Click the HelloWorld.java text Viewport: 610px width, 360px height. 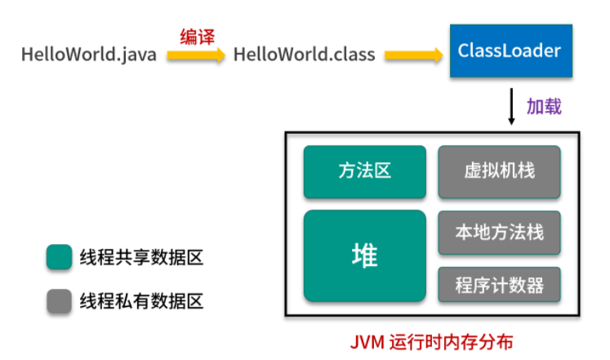point(90,56)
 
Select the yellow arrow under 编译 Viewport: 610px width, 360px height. point(197,56)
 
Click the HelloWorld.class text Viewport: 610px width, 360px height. point(305,56)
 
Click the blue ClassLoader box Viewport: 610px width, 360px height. point(510,51)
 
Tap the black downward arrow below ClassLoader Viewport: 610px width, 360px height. point(510,107)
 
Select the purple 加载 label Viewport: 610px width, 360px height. point(544,107)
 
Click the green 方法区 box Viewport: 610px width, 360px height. point(364,172)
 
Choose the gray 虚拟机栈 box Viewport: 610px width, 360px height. point(499,172)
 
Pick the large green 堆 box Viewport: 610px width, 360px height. point(364,256)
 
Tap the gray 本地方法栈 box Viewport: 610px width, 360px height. point(499,232)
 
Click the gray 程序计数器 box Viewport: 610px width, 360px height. point(499,286)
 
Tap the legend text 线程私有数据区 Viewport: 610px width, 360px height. point(140,301)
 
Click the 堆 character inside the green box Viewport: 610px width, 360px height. point(364,256)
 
